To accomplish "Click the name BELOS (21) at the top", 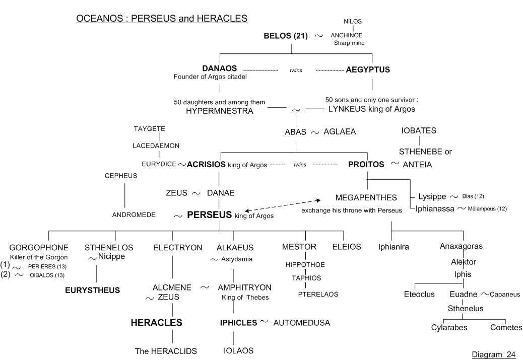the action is point(286,36).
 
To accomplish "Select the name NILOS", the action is point(353,22).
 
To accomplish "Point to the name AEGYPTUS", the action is point(368,70).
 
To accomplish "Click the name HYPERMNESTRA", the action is point(219,111).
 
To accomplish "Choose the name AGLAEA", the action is point(340,132).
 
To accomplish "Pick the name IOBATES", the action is point(419,131).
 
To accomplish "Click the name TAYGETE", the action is point(149,129).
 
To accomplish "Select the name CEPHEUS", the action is point(121,176).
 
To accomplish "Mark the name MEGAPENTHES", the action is point(366,197).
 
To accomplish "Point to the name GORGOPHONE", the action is point(39,247).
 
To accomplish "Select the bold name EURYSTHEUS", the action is point(92,290).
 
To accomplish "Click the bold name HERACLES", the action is point(156,323).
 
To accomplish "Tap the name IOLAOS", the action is point(238,350).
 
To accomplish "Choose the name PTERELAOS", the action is point(318,294).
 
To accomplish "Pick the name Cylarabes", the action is point(449,327).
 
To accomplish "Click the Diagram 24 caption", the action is point(494,354).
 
